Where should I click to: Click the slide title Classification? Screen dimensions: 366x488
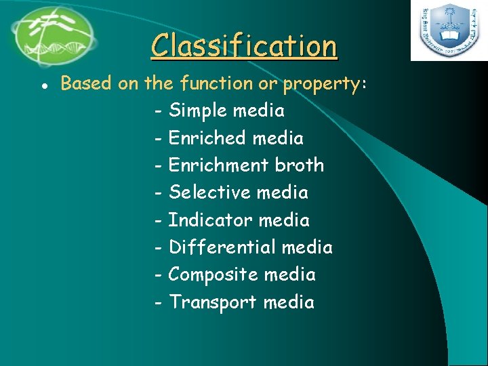[244, 46]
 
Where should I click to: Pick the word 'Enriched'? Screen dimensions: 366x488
[207, 138]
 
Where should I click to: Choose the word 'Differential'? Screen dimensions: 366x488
[222, 247]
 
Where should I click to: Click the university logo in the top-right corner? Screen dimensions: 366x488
[448, 30]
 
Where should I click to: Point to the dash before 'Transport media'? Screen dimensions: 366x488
[158, 303]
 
